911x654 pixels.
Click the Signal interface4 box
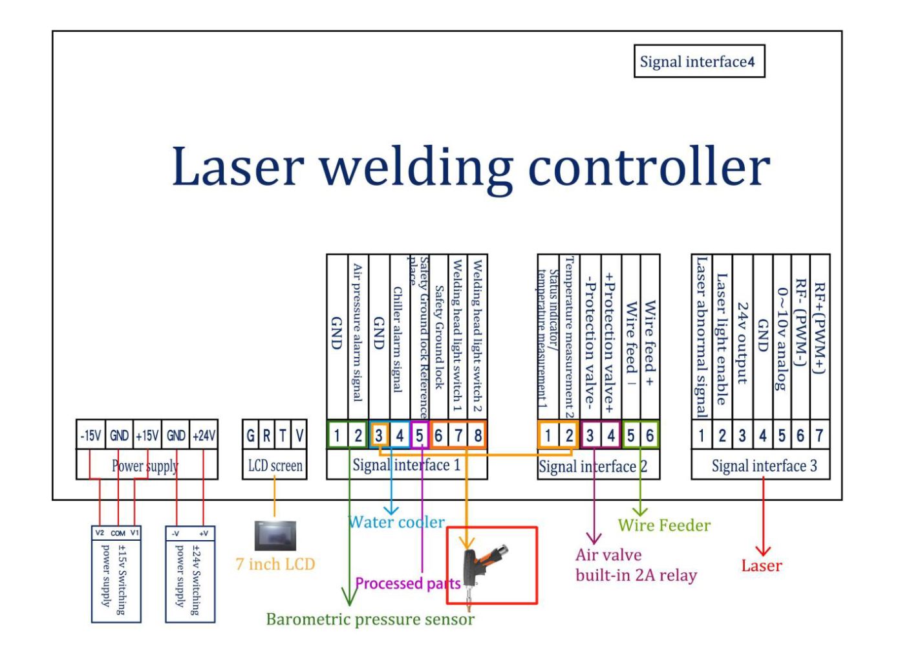(x=699, y=61)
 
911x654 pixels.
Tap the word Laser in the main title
(x=237, y=166)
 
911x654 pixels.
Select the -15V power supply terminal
(x=91, y=435)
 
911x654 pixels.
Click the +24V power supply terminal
(x=204, y=435)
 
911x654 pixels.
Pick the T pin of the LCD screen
(x=283, y=435)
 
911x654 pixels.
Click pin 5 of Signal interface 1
(x=420, y=435)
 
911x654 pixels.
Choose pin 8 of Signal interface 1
(x=478, y=435)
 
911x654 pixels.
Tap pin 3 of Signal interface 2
(x=590, y=435)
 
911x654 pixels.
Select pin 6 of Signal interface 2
(x=650, y=435)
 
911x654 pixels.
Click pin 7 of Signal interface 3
(x=819, y=435)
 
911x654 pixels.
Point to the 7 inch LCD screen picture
(x=275, y=536)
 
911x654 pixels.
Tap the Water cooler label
(x=396, y=522)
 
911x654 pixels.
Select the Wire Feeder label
(x=664, y=525)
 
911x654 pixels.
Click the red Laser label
(x=762, y=566)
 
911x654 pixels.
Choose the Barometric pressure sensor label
(x=370, y=619)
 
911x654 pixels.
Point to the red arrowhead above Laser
(x=763, y=550)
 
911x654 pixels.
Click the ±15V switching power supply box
(x=116, y=574)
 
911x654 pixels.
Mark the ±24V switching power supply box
(x=190, y=574)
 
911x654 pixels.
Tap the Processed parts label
(x=407, y=583)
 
